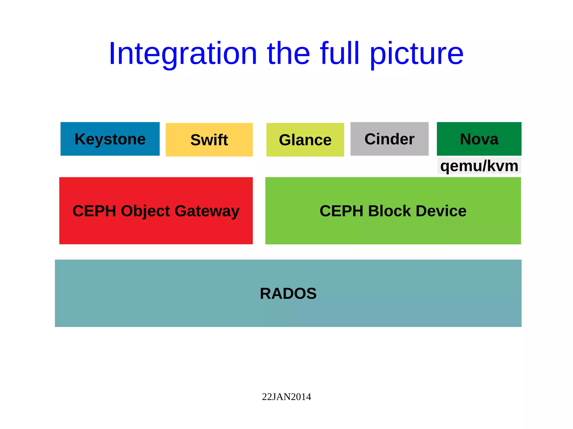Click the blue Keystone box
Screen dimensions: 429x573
click(110, 139)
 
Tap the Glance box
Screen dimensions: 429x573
click(305, 140)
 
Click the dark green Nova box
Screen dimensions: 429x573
click(479, 139)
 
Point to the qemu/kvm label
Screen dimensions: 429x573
click(479, 166)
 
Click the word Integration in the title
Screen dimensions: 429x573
click(183, 54)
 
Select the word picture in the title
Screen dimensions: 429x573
click(417, 54)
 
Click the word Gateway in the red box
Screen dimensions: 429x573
click(207, 211)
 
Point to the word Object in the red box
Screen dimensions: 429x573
click(145, 211)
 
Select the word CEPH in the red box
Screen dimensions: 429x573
click(94, 211)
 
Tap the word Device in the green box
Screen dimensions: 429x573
click(441, 211)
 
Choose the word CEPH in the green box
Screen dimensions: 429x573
click(341, 211)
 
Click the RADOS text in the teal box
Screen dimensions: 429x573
click(288, 293)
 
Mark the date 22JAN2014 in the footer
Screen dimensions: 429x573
click(286, 397)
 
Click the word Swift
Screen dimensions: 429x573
click(209, 140)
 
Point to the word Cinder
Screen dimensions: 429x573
click(389, 139)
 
